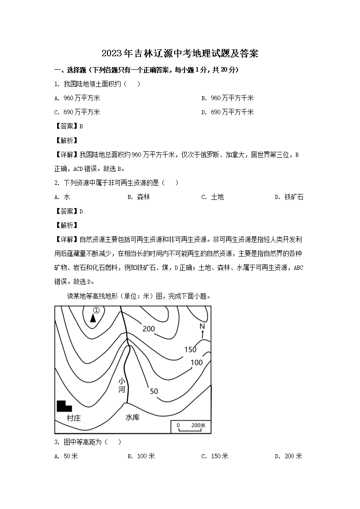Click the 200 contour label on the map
149,329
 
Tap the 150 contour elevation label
190,349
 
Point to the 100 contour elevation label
197,363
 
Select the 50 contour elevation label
154,391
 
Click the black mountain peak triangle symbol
93,318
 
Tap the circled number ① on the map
96,310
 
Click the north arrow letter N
202,326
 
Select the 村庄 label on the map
73,418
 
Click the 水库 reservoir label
132,417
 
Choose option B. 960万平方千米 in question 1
228,98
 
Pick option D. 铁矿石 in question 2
289,197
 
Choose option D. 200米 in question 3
288,456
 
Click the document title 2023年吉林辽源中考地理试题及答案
180,53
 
